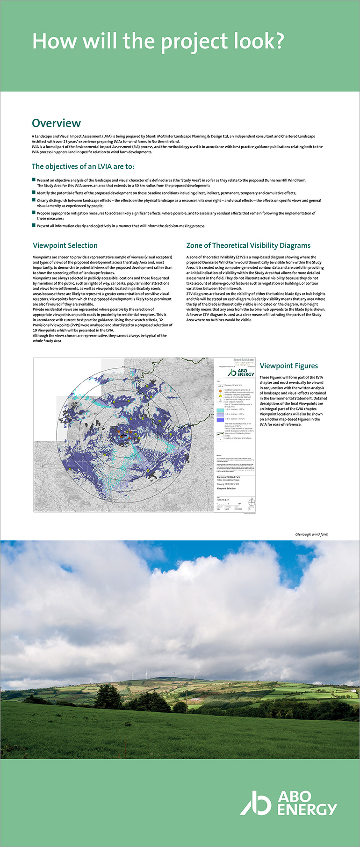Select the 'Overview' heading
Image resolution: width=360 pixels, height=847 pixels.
(56, 123)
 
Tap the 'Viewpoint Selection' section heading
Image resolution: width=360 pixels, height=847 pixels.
(65, 245)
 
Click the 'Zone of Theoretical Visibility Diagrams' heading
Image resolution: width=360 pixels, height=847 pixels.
(248, 245)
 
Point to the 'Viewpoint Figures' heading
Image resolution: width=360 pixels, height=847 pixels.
(288, 366)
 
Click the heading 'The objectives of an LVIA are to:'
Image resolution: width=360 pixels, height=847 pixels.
(83, 166)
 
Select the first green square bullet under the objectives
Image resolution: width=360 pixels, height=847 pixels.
(34, 179)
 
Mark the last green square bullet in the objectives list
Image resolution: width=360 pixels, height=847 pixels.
(34, 225)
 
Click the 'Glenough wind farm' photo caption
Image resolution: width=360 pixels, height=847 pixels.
(311, 534)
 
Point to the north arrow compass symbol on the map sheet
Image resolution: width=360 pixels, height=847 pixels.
(252, 502)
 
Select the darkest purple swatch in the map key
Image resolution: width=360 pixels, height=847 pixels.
(220, 419)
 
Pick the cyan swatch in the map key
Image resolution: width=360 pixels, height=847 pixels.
(220, 410)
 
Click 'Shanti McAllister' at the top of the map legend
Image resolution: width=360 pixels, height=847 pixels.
(244, 359)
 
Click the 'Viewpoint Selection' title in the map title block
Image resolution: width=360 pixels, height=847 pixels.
(227, 488)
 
